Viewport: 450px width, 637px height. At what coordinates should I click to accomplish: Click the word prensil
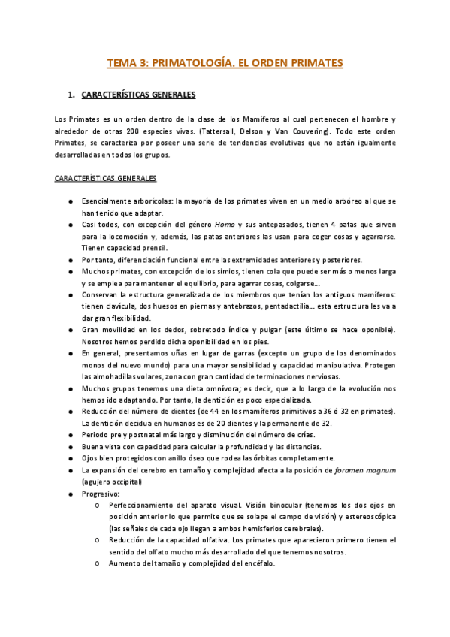coord(155,248)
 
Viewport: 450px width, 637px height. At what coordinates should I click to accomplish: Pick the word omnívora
coord(213,388)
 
